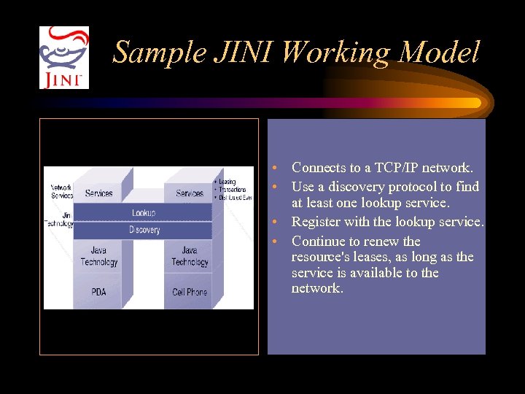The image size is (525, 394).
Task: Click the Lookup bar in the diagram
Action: pos(144,212)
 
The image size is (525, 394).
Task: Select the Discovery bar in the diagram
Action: pos(144,230)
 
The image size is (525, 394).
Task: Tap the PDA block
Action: pos(98,292)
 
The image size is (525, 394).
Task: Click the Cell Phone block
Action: pos(190,292)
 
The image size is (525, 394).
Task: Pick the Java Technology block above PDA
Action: pos(98,256)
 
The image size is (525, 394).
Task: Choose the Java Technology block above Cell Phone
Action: pos(190,256)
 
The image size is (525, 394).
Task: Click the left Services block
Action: pos(98,193)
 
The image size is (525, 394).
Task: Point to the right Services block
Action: pos(190,193)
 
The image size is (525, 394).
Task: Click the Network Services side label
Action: pos(61,191)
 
